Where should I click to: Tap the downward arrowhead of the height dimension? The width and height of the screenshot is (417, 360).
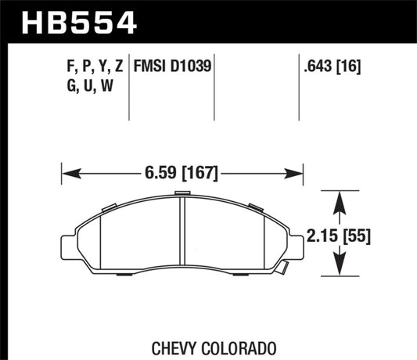[340, 270]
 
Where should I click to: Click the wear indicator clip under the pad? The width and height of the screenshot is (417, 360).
[279, 268]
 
